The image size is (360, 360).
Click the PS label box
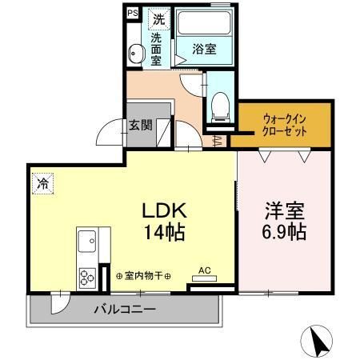click(133, 14)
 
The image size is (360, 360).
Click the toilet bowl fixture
click(219, 104)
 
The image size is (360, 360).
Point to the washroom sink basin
click(136, 54)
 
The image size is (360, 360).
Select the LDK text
click(165, 211)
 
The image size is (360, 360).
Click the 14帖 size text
click(166, 234)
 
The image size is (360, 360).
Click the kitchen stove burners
click(86, 277)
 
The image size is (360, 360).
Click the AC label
click(205, 271)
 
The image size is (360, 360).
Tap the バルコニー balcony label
click(123, 309)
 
